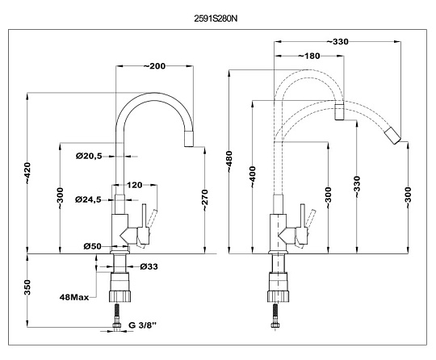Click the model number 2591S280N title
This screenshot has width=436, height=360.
(x=216, y=19)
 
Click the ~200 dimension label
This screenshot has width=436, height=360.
(x=154, y=66)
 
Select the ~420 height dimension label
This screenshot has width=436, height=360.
(x=27, y=173)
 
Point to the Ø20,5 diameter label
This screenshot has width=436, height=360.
(x=89, y=157)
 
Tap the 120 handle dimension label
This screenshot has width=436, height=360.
(x=135, y=185)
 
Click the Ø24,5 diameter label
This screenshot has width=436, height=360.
(x=88, y=199)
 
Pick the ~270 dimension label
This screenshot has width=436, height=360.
(x=204, y=200)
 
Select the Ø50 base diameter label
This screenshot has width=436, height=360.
(x=93, y=246)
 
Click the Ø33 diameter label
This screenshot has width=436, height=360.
(x=149, y=267)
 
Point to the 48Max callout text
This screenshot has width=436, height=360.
(x=74, y=298)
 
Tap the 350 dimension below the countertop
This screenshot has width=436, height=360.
(x=27, y=287)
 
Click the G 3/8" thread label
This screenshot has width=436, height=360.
(x=143, y=325)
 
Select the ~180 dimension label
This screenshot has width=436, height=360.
(x=309, y=57)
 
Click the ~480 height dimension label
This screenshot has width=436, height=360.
(x=229, y=161)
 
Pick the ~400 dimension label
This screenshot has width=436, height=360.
(x=253, y=177)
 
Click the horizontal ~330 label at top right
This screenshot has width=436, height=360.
(x=337, y=42)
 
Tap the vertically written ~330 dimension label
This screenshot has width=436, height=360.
(x=357, y=186)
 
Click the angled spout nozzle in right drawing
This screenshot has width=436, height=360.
(x=392, y=136)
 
